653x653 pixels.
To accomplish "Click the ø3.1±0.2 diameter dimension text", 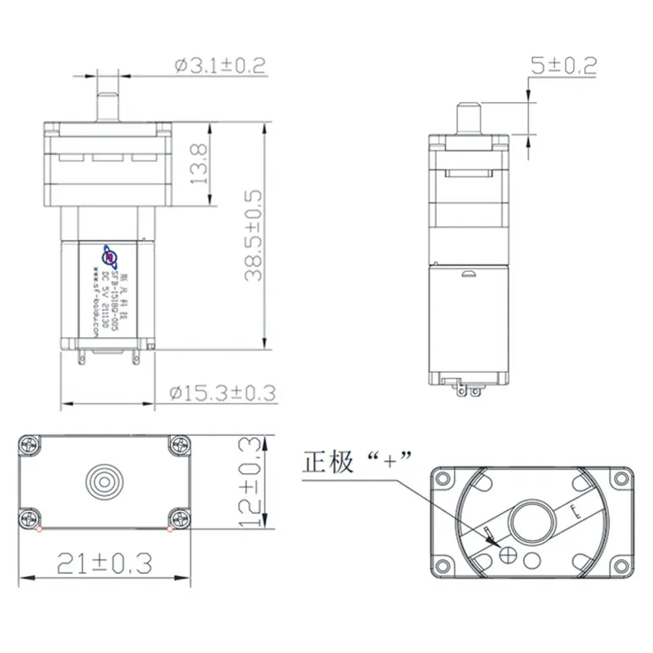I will tap(220, 66).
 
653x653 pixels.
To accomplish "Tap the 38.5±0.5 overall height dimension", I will tap(252, 236).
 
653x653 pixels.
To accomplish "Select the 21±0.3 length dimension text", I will tap(104, 562).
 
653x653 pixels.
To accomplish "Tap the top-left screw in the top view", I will tap(32, 445).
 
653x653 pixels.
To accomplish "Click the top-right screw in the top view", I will tap(178, 445).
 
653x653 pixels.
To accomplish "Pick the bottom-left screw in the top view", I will tap(32, 517).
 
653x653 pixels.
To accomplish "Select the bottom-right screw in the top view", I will tap(178, 517).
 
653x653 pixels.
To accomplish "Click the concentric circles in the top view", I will tap(104, 478).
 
